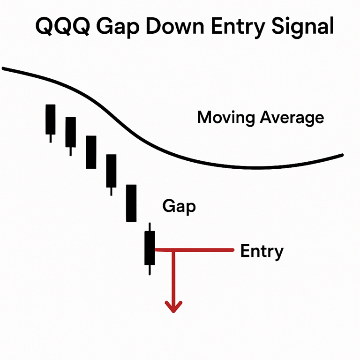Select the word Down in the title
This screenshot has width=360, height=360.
[175, 26]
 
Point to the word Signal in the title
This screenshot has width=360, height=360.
[302, 28]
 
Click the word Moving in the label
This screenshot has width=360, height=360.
[226, 119]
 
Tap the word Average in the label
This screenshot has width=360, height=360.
[292, 119]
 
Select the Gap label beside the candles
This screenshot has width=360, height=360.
[179, 207]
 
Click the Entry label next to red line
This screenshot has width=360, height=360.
[262, 252]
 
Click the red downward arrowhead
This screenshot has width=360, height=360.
[173, 307]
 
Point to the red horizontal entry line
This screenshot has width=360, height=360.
[195, 250]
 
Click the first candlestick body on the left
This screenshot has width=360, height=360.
[51, 120]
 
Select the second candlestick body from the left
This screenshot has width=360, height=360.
[71, 132]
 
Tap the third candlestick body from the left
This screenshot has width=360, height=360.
[91, 152]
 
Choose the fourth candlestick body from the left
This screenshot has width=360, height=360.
[111, 171]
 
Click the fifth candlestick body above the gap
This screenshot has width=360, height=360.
[131, 203]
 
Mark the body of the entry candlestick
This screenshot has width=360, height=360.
[150, 248]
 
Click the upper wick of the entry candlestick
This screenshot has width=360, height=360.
[150, 227]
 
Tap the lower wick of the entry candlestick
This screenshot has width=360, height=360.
[150, 270]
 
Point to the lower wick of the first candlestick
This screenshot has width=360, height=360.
[51, 138]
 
